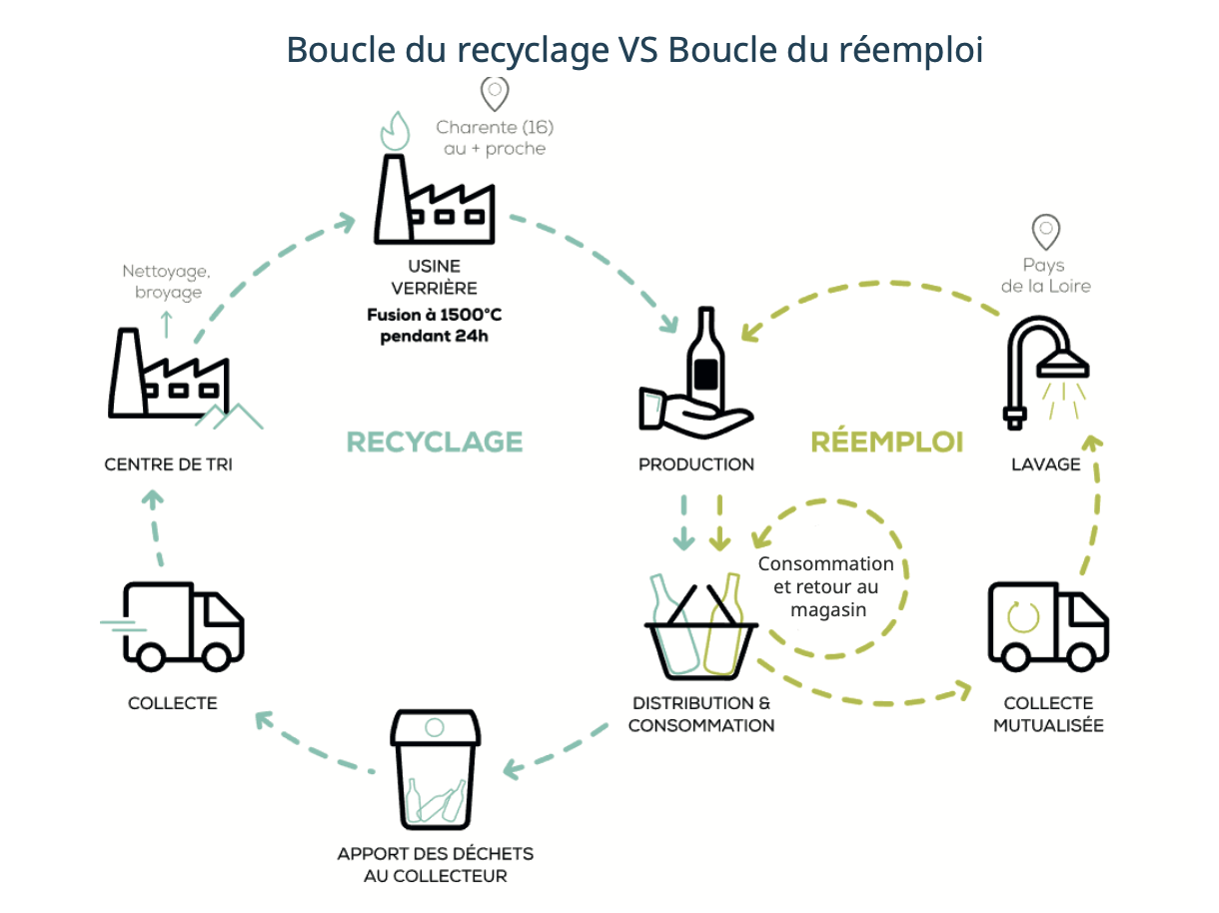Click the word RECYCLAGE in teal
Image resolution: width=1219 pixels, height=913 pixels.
coord(435,442)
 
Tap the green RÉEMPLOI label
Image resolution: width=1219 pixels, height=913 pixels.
coord(887,442)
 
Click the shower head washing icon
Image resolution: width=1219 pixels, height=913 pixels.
coord(1045,371)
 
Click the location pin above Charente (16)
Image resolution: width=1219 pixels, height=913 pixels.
coord(495,93)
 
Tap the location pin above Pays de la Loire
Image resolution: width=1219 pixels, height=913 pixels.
coord(1045,232)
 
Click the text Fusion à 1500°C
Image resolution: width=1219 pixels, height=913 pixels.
coord(435,316)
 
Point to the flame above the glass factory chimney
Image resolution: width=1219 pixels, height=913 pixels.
coord(396,130)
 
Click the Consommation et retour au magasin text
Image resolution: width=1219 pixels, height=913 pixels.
coord(825,586)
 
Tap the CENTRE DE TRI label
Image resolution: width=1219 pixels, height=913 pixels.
coord(168,464)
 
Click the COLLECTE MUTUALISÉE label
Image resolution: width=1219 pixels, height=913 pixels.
coord(1048,714)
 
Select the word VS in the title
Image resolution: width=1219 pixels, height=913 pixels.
coord(630,49)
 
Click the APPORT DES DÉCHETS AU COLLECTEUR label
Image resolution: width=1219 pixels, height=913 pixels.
coord(435,865)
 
